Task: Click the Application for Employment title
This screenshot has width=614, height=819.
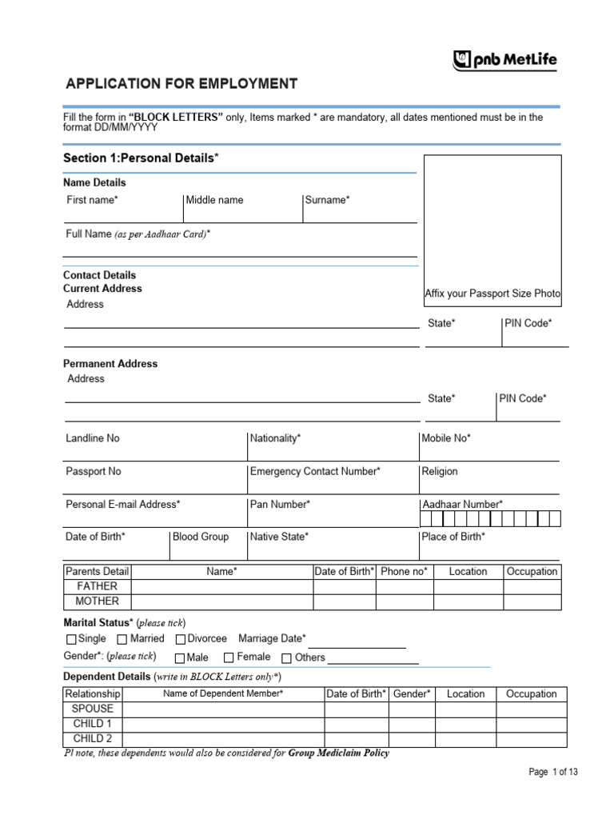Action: (181, 84)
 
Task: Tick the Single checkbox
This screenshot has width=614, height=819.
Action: (71, 639)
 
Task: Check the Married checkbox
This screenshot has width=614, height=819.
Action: (122, 639)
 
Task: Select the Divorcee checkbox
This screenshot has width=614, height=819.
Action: (181, 639)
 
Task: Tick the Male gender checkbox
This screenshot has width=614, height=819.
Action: (180, 657)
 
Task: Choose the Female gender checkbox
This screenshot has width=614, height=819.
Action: (229, 657)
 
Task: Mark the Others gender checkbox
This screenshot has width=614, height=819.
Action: (287, 657)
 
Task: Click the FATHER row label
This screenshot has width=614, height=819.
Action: (97, 586)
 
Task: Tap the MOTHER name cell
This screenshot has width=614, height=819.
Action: (221, 601)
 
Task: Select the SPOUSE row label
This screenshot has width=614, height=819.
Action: (93, 709)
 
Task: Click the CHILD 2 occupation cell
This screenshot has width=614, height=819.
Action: (531, 739)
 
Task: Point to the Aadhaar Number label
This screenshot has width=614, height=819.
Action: (462, 504)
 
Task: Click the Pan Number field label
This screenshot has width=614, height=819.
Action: (280, 504)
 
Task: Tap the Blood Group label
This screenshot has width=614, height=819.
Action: (201, 537)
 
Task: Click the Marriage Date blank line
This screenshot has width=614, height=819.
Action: (357, 645)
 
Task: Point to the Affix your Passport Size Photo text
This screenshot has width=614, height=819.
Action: (492, 294)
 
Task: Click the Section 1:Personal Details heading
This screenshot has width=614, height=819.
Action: (141, 158)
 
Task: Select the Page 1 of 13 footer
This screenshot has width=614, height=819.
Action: (552, 772)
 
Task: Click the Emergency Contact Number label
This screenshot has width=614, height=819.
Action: (315, 471)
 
